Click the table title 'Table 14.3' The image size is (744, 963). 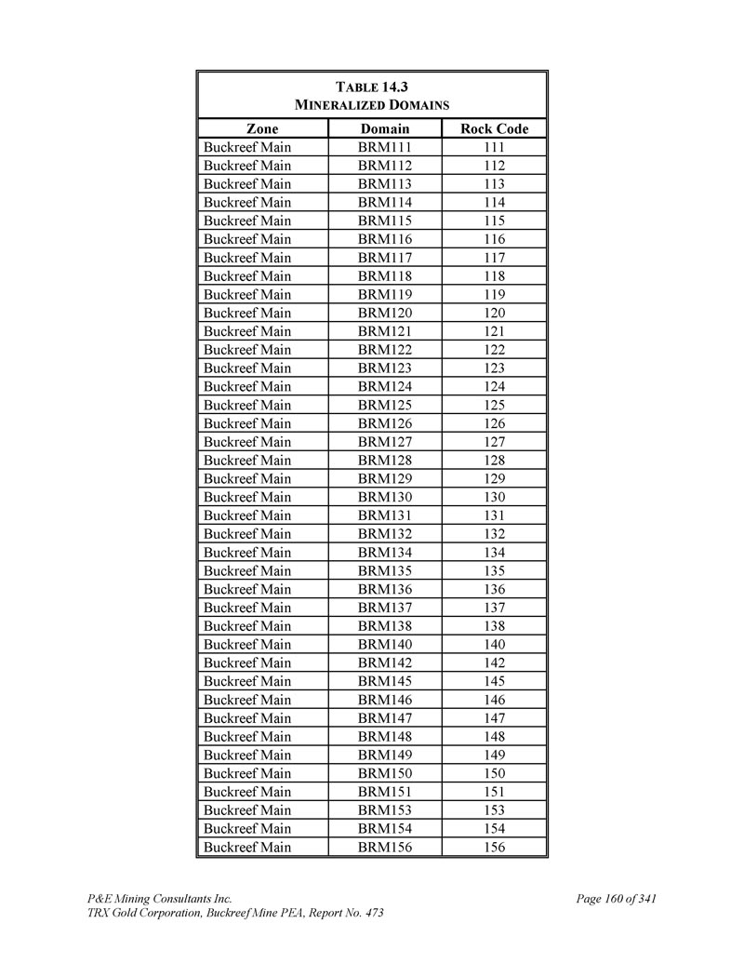[x=372, y=87]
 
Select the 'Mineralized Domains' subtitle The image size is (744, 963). [x=372, y=105]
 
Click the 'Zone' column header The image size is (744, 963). [x=262, y=128]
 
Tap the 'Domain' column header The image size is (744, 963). [x=385, y=128]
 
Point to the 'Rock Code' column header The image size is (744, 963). [x=494, y=128]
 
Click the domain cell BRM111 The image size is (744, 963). [x=385, y=147]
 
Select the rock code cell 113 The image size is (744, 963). [x=494, y=183]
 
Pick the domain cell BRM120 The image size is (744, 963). [x=385, y=313]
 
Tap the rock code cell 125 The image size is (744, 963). [x=494, y=405]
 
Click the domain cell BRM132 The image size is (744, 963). [x=385, y=534]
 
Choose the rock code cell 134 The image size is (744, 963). [x=494, y=552]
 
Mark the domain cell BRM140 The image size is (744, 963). [x=385, y=644]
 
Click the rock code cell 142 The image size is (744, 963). [x=494, y=662]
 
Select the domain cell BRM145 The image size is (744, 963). [x=385, y=681]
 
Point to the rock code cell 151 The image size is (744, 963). [x=494, y=792]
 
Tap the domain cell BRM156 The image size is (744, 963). [x=385, y=847]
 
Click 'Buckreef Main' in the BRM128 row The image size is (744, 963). [x=247, y=461]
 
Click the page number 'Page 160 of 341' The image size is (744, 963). [x=617, y=899]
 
